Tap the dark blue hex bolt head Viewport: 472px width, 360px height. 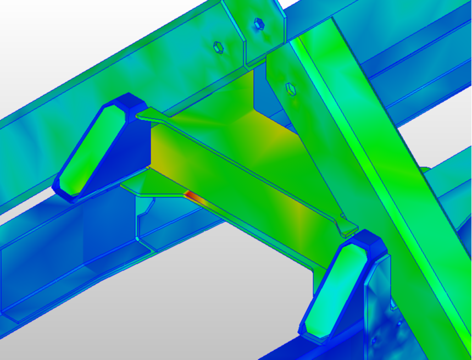pos(259,24)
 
